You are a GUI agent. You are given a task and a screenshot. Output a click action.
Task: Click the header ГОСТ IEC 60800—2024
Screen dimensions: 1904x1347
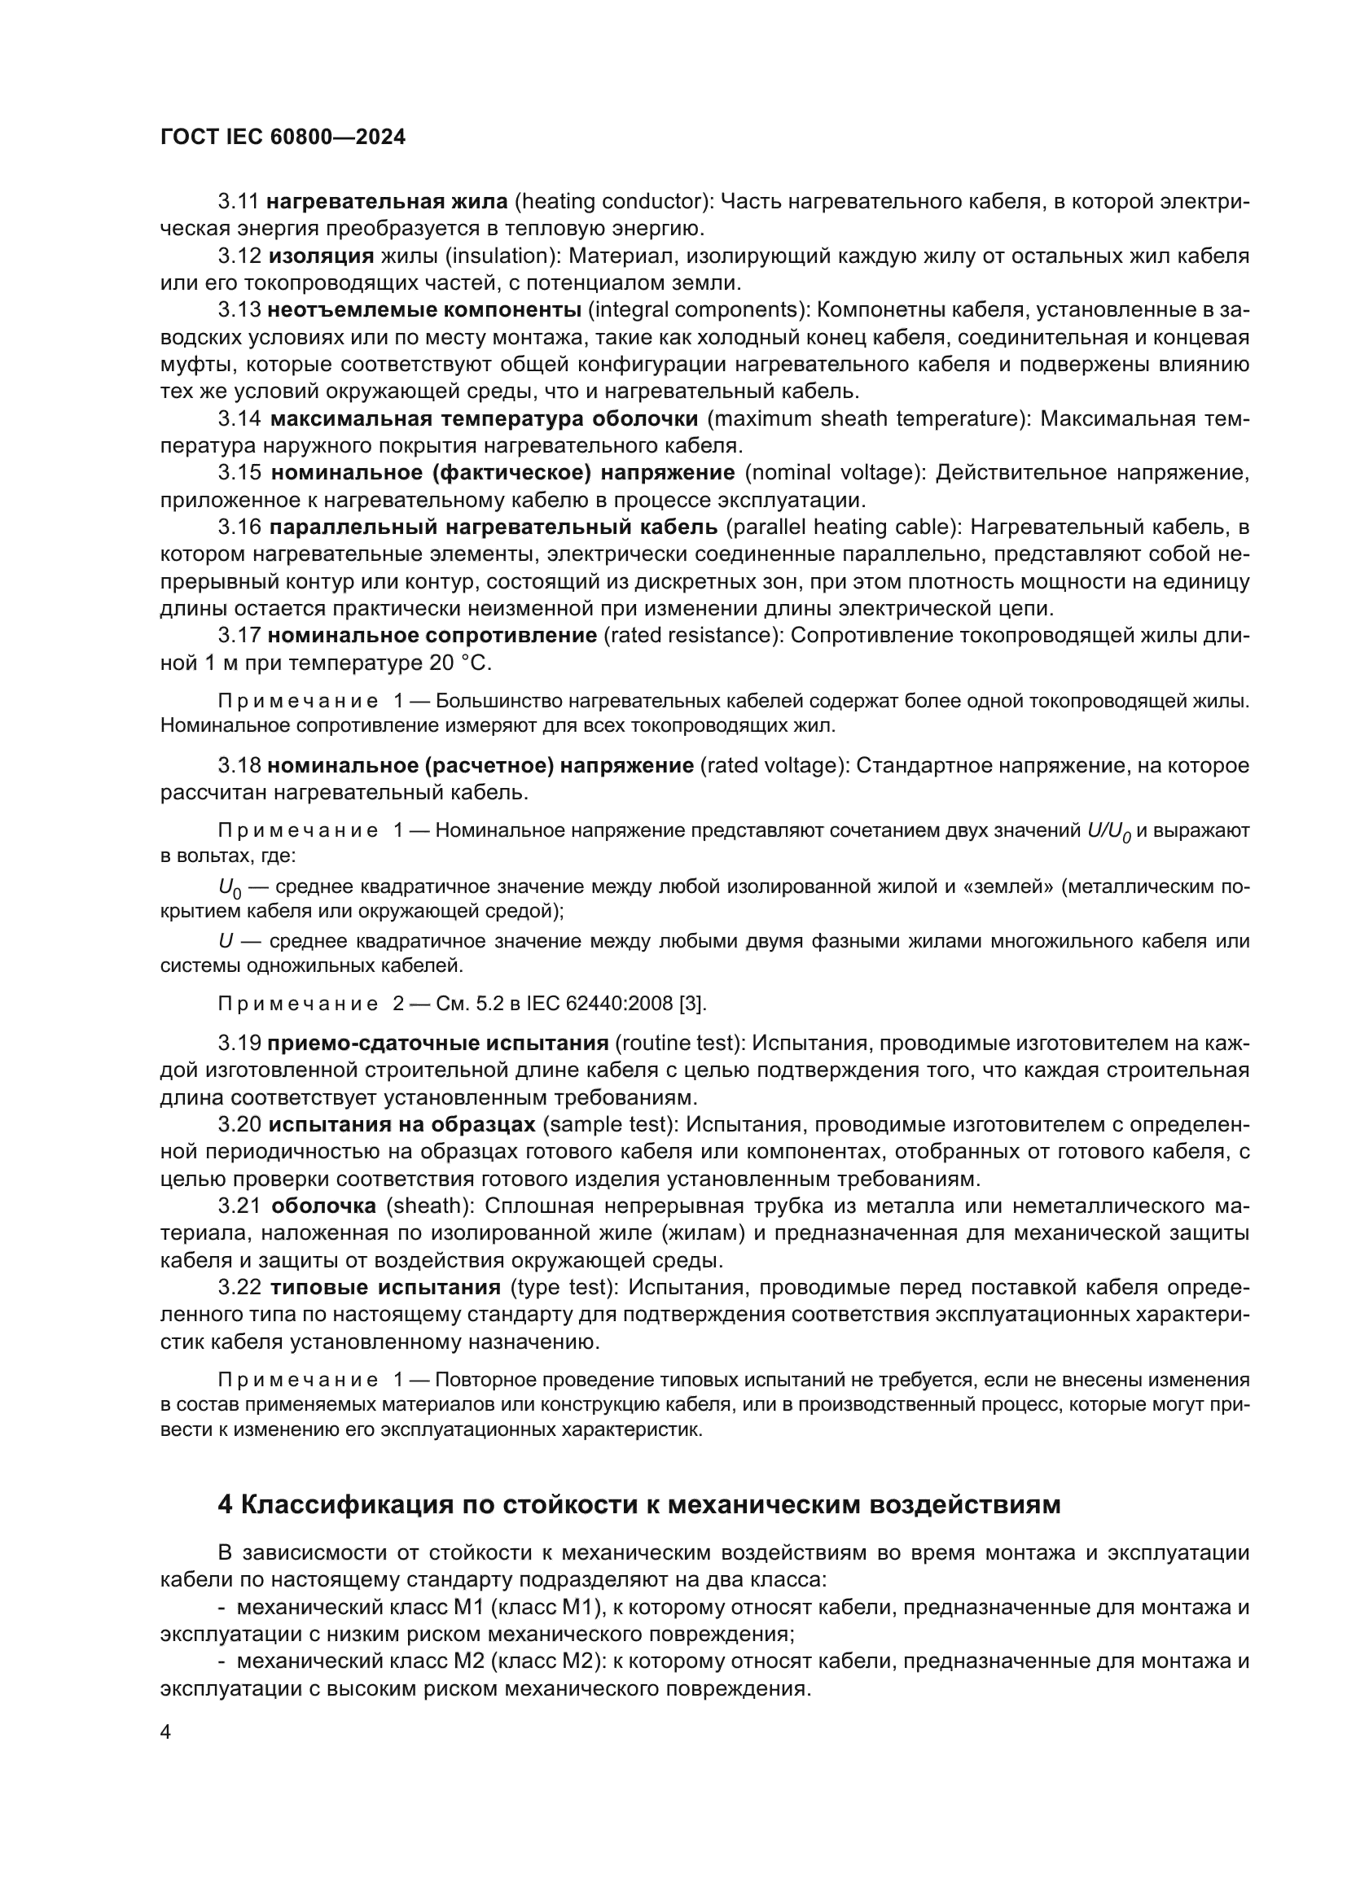point(283,138)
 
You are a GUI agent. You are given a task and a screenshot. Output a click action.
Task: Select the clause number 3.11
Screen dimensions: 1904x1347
point(239,202)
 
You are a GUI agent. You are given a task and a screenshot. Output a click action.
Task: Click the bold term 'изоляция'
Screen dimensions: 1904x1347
point(321,256)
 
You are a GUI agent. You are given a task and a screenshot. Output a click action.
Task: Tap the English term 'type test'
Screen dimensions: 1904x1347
point(563,1287)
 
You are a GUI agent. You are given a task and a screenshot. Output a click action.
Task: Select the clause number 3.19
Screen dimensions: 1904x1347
point(239,1044)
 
